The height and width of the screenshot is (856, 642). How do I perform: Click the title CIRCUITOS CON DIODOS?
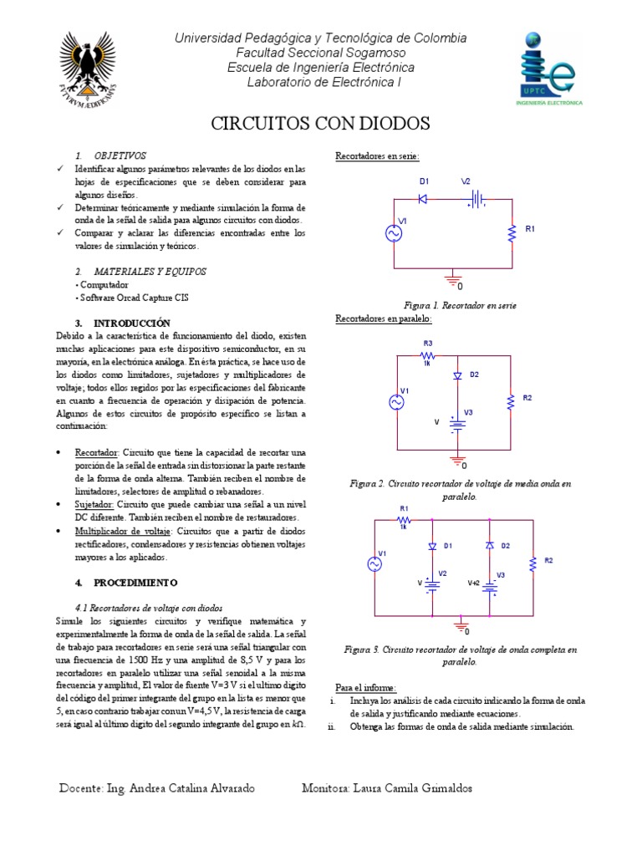(x=320, y=124)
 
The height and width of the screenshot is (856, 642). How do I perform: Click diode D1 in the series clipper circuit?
(x=423, y=199)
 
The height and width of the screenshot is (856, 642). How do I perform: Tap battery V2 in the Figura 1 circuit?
(x=476, y=199)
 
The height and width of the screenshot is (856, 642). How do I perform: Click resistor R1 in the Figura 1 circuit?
(x=510, y=235)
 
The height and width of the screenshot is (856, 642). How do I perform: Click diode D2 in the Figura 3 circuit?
(x=490, y=545)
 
